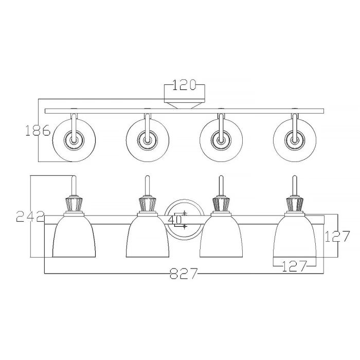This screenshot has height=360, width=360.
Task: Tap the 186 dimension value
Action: tap(38, 131)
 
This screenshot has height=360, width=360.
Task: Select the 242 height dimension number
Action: tap(30, 217)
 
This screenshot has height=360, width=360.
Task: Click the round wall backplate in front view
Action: tap(184, 206)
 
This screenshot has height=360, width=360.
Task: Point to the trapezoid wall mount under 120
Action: tap(184, 105)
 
